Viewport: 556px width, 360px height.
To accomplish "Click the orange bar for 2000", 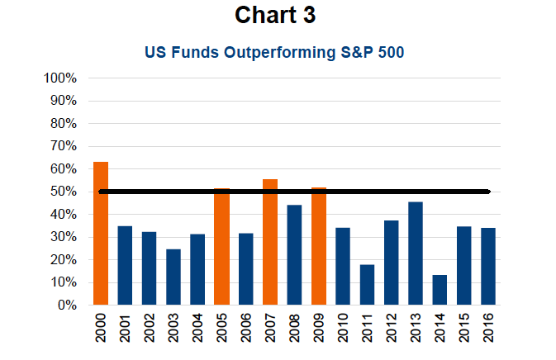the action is (x=101, y=233).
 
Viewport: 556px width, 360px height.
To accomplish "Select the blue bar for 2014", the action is (x=440, y=290).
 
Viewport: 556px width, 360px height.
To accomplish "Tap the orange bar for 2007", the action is (x=270, y=242).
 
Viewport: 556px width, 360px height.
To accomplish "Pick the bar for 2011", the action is (x=367, y=285).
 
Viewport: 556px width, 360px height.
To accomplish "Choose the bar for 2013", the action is (x=416, y=253).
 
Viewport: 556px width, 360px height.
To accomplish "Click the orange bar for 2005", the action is (x=221, y=247).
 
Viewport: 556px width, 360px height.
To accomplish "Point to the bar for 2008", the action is (x=294, y=255).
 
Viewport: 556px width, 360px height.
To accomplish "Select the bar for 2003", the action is (x=173, y=277).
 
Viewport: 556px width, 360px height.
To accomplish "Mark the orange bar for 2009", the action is (x=319, y=246).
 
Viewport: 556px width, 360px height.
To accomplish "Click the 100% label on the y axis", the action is (x=60, y=78).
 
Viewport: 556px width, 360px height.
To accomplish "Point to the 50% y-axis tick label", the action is (x=64, y=192).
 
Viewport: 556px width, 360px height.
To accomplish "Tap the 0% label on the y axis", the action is (x=67, y=305).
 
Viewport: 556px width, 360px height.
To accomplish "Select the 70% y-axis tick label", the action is (x=64, y=146).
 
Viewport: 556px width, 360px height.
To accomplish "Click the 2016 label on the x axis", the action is (x=488, y=328).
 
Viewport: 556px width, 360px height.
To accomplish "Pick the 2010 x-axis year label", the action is (x=343, y=328).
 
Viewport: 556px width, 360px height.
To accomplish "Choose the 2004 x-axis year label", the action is (x=197, y=328).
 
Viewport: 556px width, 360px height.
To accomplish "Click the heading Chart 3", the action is (x=275, y=15).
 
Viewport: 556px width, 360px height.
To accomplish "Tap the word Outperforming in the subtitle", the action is (x=280, y=53).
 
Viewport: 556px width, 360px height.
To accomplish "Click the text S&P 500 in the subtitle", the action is (x=373, y=52).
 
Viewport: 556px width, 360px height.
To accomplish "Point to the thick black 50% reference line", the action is (x=294, y=192).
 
